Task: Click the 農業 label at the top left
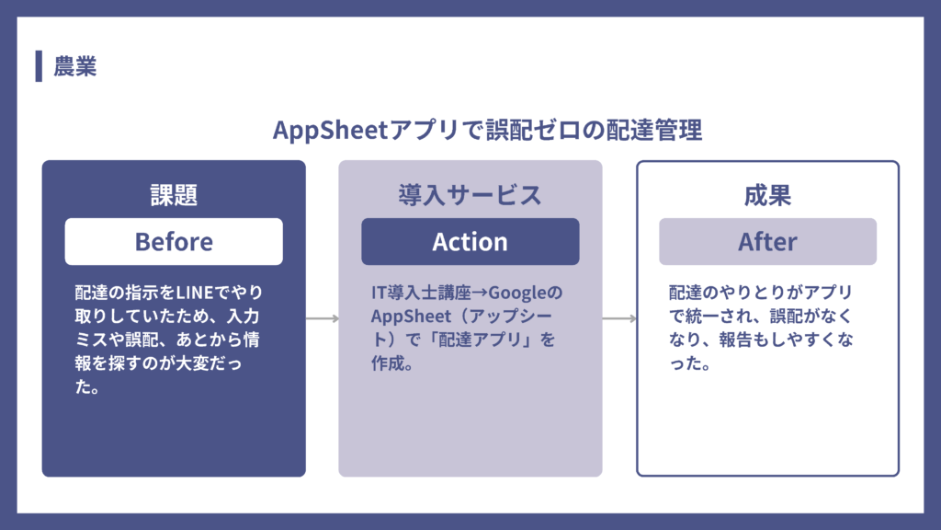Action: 75,67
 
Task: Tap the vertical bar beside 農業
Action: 39,66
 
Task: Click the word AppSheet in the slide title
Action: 331,131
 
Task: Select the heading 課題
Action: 174,195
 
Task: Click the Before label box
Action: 174,241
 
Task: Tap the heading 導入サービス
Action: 470,195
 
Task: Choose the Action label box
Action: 470,241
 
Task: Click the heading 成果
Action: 767,195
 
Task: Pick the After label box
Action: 767,241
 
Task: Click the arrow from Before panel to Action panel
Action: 322,319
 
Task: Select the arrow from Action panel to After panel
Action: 619,319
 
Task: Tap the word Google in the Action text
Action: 518,294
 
